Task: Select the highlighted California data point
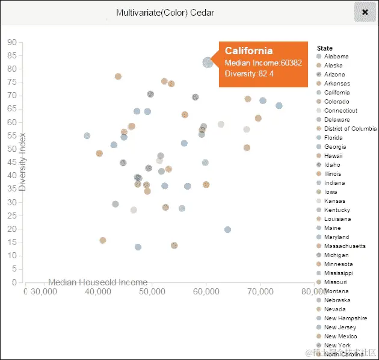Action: pos(208,62)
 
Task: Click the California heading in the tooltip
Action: pos(248,51)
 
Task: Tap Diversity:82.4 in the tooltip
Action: pos(249,73)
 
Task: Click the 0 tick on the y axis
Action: pos(13,282)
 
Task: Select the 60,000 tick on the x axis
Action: pos(206,292)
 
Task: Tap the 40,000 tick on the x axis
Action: pos(98,292)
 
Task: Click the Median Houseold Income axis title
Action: pos(97,282)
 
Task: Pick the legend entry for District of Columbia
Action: pos(350,129)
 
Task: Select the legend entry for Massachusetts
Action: pos(344,246)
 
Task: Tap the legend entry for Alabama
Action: pos(336,57)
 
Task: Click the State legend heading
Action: pos(325,48)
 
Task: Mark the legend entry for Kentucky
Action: pos(337,210)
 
